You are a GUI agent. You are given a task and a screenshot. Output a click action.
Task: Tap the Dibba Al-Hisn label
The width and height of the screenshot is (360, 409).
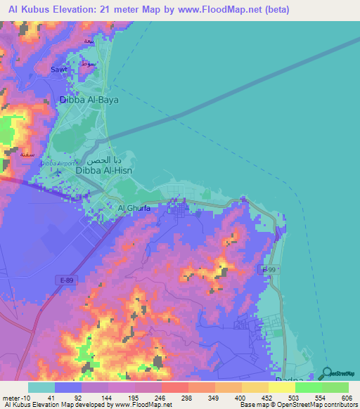click(x=103, y=169)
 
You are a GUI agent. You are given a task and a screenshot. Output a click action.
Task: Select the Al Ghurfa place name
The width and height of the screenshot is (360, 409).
click(x=134, y=208)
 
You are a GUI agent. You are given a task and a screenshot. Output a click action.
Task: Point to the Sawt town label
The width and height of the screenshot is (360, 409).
click(x=60, y=70)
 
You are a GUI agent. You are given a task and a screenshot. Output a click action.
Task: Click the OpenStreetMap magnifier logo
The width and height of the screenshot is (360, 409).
click(x=328, y=373)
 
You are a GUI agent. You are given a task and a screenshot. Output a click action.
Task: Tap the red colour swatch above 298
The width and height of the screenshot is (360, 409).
click(x=175, y=387)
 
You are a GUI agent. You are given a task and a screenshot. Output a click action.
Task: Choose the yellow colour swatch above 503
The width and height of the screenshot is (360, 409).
click(x=282, y=387)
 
